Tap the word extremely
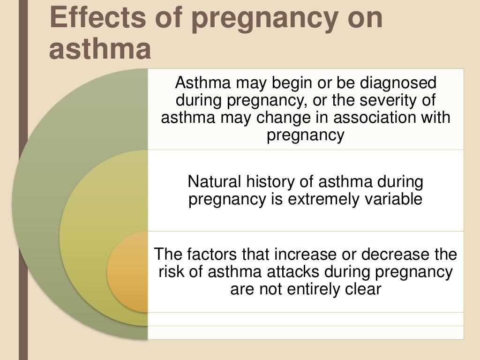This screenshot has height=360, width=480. [x=319, y=199]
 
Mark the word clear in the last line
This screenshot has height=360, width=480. [x=364, y=289]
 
